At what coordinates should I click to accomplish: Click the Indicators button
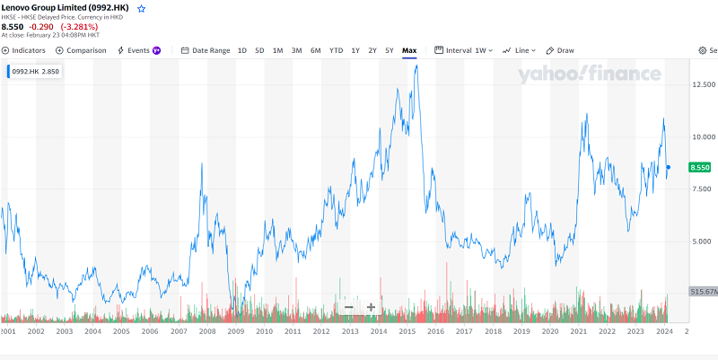click(x=25, y=50)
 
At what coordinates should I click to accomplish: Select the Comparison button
click(x=81, y=50)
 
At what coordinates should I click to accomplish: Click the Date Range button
click(x=206, y=50)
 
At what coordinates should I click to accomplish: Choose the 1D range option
click(x=242, y=50)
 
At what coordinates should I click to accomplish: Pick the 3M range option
click(x=296, y=50)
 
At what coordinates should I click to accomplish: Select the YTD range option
click(x=336, y=50)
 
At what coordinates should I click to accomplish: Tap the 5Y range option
click(x=389, y=50)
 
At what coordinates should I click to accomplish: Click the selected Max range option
click(x=409, y=50)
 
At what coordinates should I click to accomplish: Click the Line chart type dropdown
click(x=520, y=50)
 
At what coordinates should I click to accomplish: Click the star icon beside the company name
click(x=141, y=8)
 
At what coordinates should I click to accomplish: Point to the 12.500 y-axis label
click(x=703, y=84)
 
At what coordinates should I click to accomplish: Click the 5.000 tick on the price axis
click(x=703, y=241)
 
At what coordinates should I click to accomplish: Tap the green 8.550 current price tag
click(x=700, y=168)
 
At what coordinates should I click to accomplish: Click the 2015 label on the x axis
click(x=407, y=331)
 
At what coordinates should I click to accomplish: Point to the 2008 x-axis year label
click(x=207, y=331)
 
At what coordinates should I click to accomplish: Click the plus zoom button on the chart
click(x=371, y=308)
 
